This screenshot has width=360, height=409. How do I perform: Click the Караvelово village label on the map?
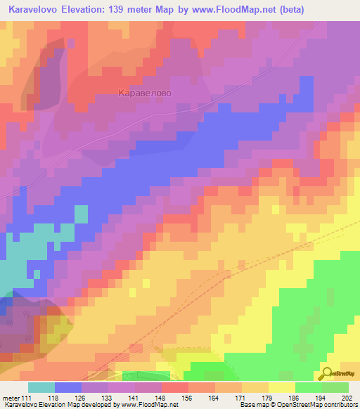click(146, 92)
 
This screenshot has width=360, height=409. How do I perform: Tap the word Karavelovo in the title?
click(37, 10)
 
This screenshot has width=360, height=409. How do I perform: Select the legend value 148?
click(162, 398)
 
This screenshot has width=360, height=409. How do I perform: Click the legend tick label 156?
click(188, 398)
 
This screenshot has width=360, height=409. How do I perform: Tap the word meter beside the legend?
click(11, 398)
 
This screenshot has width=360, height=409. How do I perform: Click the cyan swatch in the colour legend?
click(41, 387)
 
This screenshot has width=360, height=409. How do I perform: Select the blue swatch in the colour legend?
click(68, 387)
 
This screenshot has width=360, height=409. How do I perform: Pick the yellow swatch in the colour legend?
click(282, 387)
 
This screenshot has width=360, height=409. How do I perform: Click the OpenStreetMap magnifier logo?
click(328, 373)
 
